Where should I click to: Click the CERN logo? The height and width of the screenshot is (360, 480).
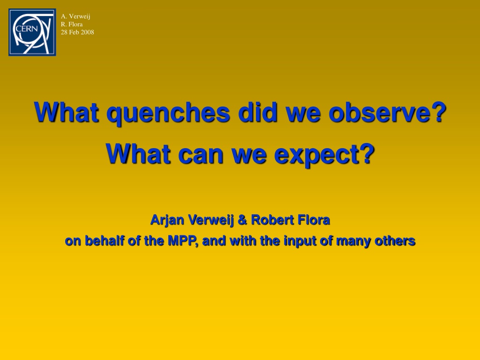[x=32, y=32]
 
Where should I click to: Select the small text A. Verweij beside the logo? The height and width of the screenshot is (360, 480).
[x=75, y=16]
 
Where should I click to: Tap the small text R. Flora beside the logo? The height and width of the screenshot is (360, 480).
[x=72, y=24]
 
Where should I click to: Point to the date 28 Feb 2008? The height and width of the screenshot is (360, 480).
[x=77, y=32]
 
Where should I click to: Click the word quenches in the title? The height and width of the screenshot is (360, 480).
[x=168, y=113]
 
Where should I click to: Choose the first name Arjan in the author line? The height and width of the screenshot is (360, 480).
[x=167, y=220]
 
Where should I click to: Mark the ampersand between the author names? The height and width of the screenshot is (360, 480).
[x=242, y=220]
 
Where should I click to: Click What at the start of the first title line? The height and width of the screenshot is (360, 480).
[x=67, y=112]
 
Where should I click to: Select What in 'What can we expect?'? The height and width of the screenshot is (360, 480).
[x=138, y=154]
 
